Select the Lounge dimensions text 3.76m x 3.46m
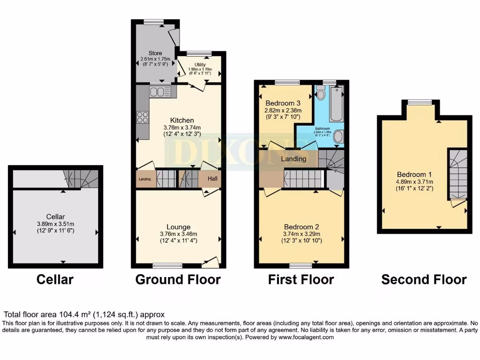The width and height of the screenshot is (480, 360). pos(178,234)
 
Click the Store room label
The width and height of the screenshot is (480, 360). pos(155,53)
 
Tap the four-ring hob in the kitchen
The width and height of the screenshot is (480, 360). pos(142,117)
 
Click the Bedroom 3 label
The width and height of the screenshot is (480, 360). pos(282,103)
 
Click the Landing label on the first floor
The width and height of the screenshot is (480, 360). pos(293,159)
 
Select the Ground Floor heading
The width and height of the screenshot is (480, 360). pos(178,280)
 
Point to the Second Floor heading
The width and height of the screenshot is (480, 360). pos(424,280)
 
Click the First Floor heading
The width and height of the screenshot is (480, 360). pos(301,280)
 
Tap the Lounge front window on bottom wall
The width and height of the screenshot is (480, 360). pos(167,266)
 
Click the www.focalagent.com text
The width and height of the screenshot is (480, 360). pos(306,337)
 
